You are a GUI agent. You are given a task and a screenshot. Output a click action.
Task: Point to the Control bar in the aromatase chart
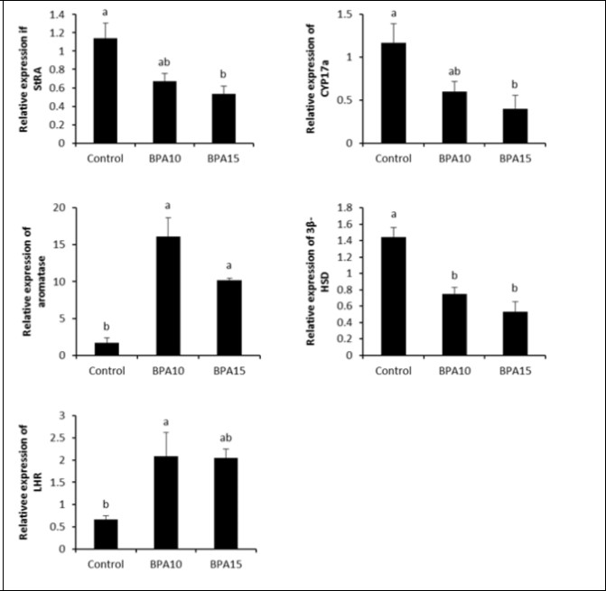107,348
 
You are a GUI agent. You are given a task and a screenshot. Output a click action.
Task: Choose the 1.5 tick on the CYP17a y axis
348,15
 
